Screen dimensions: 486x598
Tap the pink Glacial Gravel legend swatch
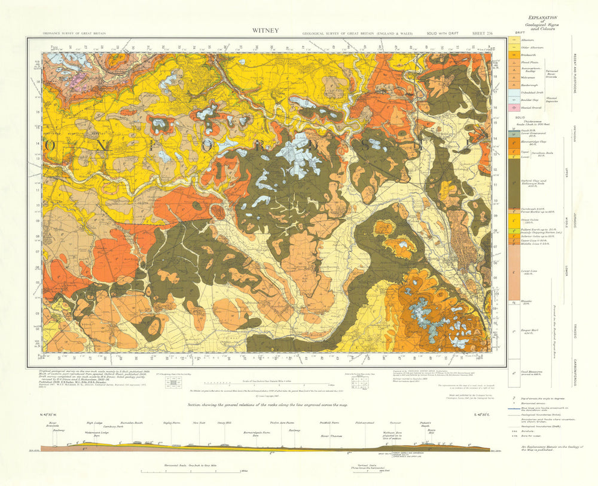tap(513, 107)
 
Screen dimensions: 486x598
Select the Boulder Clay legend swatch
tap(513, 100)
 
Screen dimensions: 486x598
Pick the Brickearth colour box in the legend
tap(513, 54)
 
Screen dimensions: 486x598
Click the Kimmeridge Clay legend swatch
tap(513, 143)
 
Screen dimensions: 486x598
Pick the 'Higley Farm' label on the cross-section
tap(172, 423)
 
